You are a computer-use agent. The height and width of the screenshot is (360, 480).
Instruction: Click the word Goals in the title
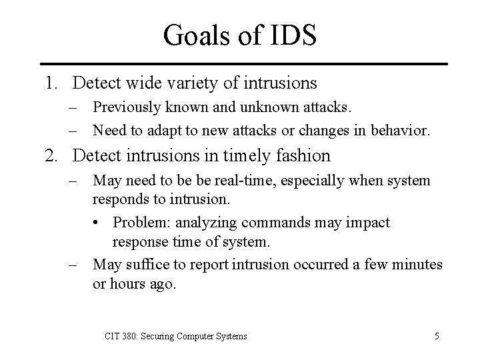pyautogui.click(x=196, y=35)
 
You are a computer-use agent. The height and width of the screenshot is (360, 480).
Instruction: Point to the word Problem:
pyautogui.click(x=139, y=221)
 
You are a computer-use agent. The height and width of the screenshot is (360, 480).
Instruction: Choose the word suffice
pyautogui.click(x=146, y=265)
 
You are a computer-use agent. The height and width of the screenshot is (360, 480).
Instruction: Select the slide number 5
pyautogui.click(x=435, y=336)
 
